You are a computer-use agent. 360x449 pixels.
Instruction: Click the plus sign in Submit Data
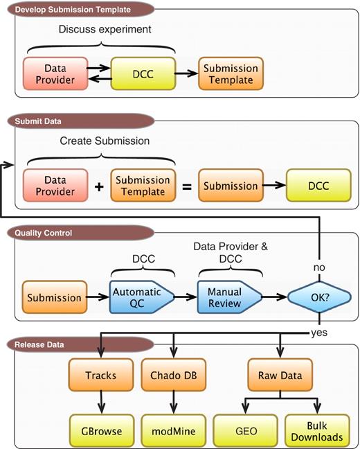98,187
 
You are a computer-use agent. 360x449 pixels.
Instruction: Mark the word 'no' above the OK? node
318,267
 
